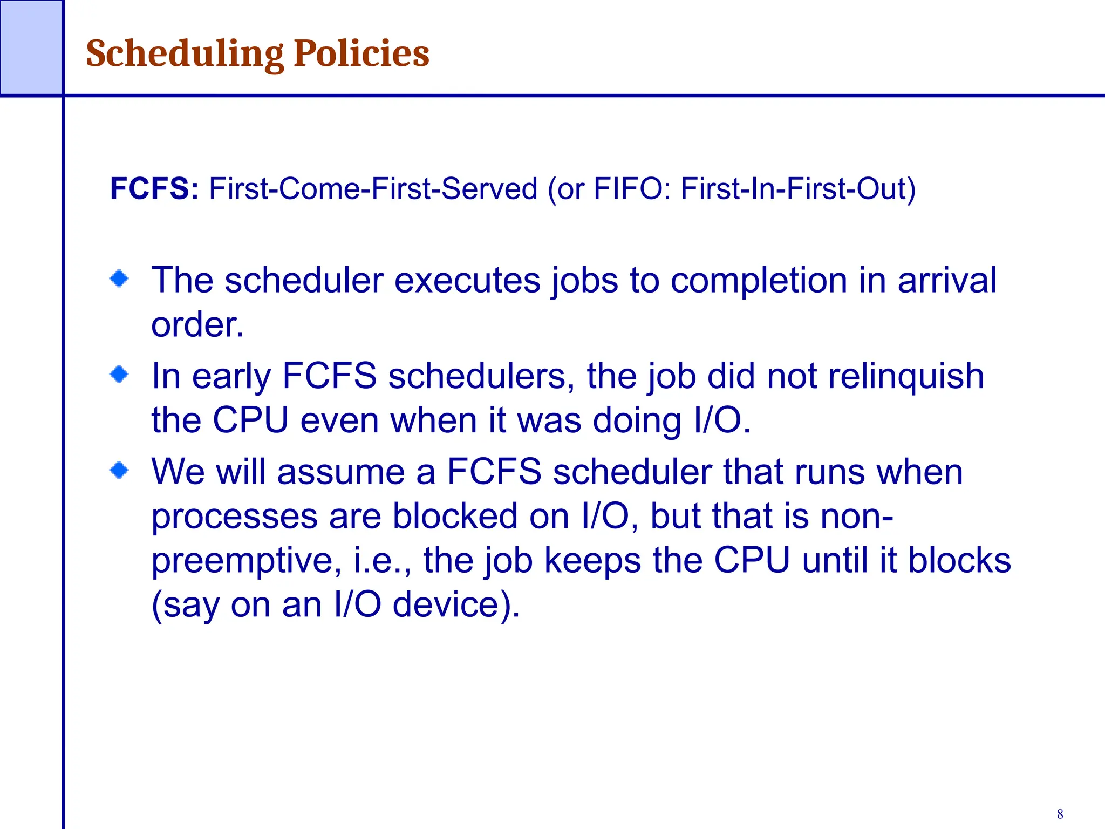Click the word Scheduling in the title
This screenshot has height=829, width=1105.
tap(185, 54)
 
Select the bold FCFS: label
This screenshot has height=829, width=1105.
tap(154, 188)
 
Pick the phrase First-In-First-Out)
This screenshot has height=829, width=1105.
tap(798, 188)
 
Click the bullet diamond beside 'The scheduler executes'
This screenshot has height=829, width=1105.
tap(119, 279)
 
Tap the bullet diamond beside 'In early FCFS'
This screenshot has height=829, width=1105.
tap(119, 374)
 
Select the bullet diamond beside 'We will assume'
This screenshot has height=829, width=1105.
tap(119, 470)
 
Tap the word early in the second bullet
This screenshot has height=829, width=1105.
tap(231, 376)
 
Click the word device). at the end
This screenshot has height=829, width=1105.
tap(456, 604)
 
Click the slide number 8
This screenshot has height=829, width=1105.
tap(1060, 814)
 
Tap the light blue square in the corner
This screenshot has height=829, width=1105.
tap(31, 47)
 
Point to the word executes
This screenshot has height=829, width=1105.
tap(467, 281)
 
